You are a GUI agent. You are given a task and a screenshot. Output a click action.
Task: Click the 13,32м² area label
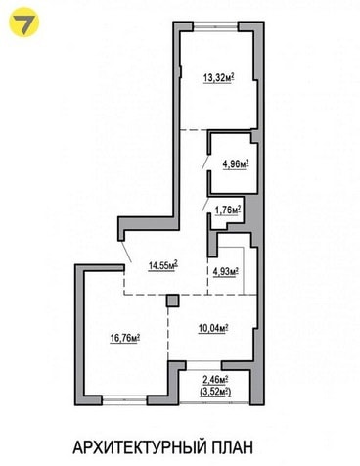(219, 78)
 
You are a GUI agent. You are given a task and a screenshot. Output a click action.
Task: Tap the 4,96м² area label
(236, 163)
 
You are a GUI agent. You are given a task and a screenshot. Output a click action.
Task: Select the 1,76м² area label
(228, 210)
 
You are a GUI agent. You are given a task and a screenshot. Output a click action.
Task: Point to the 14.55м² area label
(163, 265)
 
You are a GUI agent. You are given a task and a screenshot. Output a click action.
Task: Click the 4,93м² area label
(226, 271)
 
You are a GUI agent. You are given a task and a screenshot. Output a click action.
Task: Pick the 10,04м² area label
(213, 328)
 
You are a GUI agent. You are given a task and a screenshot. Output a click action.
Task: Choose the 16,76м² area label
(125, 338)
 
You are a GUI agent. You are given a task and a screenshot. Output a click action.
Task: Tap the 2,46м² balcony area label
(215, 380)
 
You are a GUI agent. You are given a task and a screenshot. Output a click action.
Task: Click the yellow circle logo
(23, 22)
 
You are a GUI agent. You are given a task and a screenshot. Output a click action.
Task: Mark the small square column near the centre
(173, 301)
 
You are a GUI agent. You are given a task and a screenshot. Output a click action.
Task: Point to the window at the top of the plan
(216, 26)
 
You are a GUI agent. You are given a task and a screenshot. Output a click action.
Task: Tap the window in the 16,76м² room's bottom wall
(124, 400)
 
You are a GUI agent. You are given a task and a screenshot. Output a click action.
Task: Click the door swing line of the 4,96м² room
(205, 162)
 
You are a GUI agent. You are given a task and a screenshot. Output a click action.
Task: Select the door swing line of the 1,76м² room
(205, 204)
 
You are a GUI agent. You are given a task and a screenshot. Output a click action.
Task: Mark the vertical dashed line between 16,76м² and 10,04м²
(168, 334)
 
